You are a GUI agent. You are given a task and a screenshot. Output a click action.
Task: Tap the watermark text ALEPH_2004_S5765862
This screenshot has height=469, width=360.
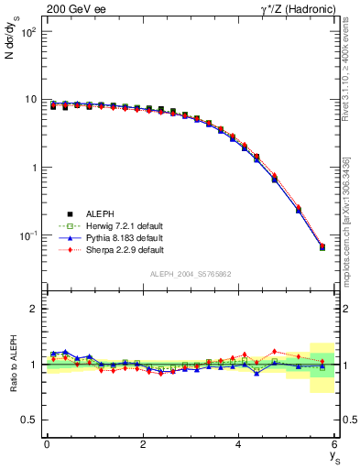(x=191, y=274)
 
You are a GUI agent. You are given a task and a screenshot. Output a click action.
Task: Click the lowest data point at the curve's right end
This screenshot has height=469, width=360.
(x=322, y=247)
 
